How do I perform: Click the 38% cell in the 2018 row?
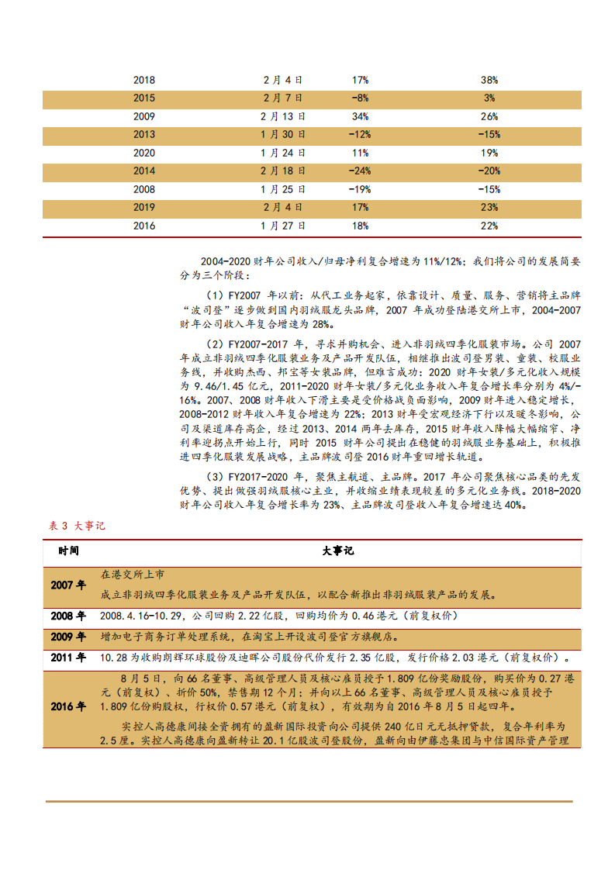pyautogui.click(x=489, y=80)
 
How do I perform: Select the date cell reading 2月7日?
pyautogui.click(x=282, y=98)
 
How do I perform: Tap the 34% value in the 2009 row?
pyautogui.click(x=360, y=116)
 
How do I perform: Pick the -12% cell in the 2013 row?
pyautogui.click(x=360, y=135)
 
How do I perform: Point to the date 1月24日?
pyautogui.click(x=282, y=153)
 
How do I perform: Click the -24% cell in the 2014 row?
pyautogui.click(x=360, y=171)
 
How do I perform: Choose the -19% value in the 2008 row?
pyautogui.click(x=360, y=189)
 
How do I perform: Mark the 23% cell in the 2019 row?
pyautogui.click(x=489, y=208)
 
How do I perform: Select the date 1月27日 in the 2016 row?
pyautogui.click(x=282, y=226)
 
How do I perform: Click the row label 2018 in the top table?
pyautogui.click(x=144, y=80)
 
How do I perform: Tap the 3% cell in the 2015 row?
pyautogui.click(x=489, y=98)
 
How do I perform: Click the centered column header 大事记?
pyautogui.click(x=337, y=551)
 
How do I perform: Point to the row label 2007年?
pyautogui.click(x=68, y=585)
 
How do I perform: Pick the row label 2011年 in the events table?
pyautogui.click(x=68, y=658)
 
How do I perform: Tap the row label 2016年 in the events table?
pyautogui.click(x=68, y=706)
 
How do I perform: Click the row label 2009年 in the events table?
pyautogui.click(x=68, y=637)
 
